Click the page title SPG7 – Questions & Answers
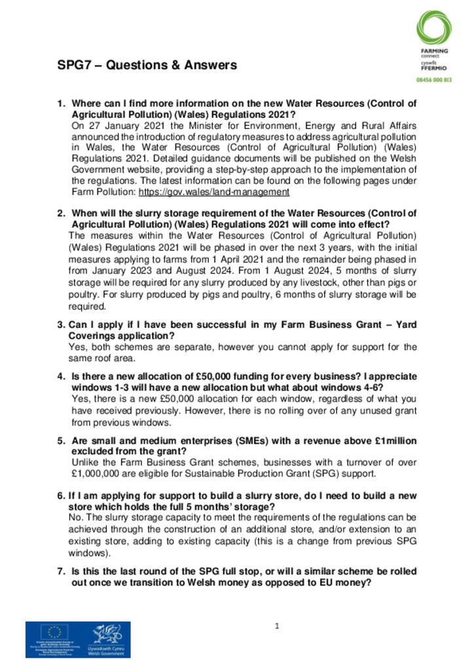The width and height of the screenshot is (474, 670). (147, 65)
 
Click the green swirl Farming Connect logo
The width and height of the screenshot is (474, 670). (433, 27)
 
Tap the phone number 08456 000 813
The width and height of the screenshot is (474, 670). (434, 79)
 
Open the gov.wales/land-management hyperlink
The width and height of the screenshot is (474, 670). (213, 192)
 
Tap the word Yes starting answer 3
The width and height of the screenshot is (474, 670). (76, 347)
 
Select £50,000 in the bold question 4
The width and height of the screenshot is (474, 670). (216, 377)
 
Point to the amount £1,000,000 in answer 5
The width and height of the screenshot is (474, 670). (98, 474)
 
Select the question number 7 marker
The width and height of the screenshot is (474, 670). (61, 572)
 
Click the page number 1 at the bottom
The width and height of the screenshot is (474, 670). (277, 626)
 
